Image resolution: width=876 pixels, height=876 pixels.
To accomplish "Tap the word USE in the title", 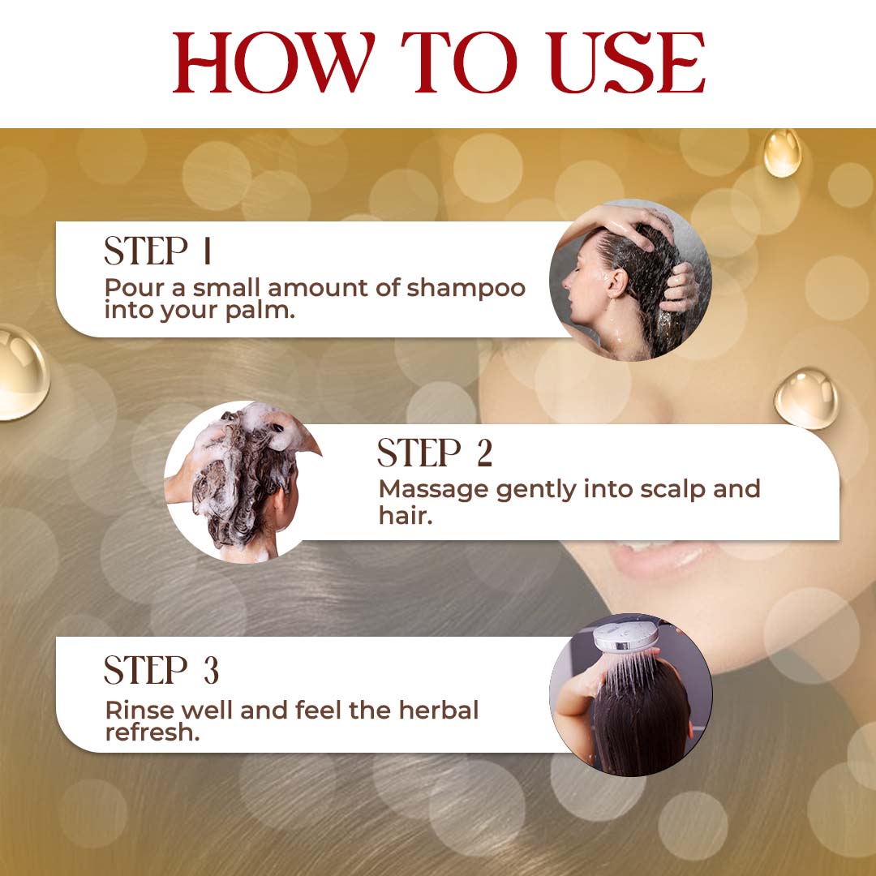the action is (626, 62).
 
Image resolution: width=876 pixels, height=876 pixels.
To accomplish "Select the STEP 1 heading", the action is (158, 251).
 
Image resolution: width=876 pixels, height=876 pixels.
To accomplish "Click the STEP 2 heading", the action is (435, 453).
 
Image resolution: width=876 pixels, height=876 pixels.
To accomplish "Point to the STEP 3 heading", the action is (161, 670).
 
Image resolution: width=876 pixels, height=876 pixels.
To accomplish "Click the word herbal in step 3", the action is (439, 710).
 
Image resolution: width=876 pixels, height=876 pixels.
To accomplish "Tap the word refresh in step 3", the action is (152, 732).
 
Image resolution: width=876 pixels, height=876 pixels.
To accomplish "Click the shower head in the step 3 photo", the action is (626, 637).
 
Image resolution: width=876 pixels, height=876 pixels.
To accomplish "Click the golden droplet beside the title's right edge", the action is (782, 152).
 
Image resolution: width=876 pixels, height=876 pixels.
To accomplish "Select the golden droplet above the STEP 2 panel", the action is (806, 397).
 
